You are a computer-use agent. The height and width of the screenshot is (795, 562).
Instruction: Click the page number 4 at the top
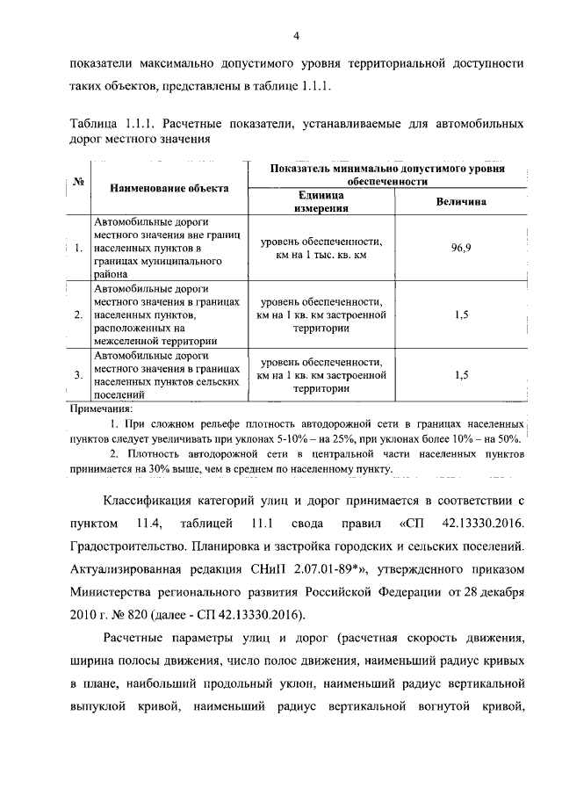[296, 35]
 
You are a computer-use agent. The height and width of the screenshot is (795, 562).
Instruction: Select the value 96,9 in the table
[462, 249]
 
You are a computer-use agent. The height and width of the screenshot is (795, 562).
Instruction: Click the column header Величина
[462, 202]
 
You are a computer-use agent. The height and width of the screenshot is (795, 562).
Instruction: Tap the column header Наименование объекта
[169, 187]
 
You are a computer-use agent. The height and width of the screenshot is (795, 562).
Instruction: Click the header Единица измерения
[322, 202]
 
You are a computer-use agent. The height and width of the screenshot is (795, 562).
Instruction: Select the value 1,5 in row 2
[462, 314]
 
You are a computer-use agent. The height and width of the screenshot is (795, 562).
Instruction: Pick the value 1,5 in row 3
[462, 375]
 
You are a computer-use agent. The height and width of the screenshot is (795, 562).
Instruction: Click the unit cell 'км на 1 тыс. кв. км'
[322, 255]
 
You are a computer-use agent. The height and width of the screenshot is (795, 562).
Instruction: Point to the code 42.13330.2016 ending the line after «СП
[479, 524]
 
